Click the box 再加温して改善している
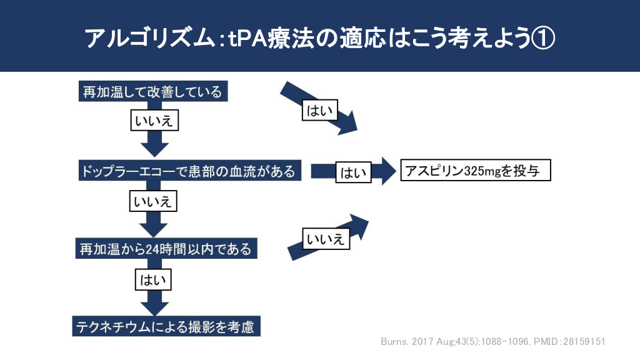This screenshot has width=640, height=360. tap(152, 92)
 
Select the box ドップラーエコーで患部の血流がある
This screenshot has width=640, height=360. tap(188, 171)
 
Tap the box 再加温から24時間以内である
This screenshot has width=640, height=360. tap(166, 249)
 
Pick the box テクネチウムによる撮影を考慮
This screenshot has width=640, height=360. tap(165, 326)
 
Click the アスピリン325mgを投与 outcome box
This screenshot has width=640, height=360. tap(475, 171)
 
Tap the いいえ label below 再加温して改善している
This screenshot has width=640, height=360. tap(154, 121)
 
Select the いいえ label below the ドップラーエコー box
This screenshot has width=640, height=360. tap(154, 201)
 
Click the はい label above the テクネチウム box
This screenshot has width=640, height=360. tap(154, 279)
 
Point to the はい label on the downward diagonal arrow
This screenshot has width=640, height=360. tap(319, 111)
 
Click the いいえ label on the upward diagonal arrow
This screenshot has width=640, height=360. tap(326, 239)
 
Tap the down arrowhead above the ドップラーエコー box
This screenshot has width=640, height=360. tap(154, 149)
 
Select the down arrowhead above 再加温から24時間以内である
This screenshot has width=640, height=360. tap(154, 226)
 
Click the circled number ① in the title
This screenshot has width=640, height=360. tap(542, 39)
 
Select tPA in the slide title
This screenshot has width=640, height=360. tap(250, 39)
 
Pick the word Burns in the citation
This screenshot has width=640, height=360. tap(395, 342)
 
